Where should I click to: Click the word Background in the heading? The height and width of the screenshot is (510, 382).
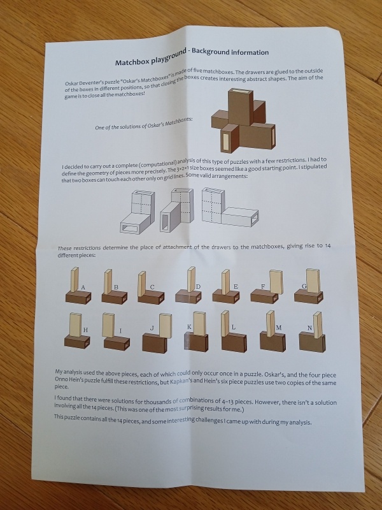tap(211, 52)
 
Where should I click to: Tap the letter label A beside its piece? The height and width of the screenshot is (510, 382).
tap(83, 288)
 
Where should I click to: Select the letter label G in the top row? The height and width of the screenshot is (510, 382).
tap(304, 286)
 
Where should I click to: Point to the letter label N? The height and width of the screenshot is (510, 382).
tap(309, 328)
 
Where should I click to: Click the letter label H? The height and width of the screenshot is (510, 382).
tap(85, 330)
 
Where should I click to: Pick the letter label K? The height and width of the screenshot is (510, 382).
tap(189, 326)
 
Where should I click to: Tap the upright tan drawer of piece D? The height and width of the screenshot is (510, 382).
tap(191, 279)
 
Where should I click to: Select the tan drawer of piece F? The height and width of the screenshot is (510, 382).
tap(276, 282)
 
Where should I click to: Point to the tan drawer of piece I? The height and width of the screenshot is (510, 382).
tap(108, 325)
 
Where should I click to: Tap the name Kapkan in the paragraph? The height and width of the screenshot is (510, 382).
tap(179, 381)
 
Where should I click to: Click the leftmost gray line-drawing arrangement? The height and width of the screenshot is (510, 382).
tap(137, 212)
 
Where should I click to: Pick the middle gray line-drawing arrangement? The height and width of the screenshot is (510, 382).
tap(177, 210)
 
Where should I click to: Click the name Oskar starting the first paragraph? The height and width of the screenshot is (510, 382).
tap(72, 84)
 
